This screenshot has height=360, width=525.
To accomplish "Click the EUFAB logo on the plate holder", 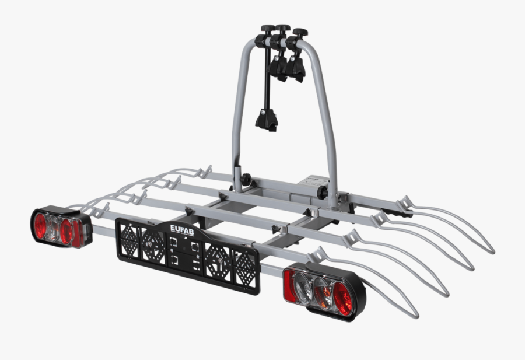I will click(x=184, y=228).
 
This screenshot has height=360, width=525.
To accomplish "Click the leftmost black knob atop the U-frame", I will click(x=268, y=29).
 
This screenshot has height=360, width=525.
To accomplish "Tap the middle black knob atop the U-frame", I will click(x=283, y=29).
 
